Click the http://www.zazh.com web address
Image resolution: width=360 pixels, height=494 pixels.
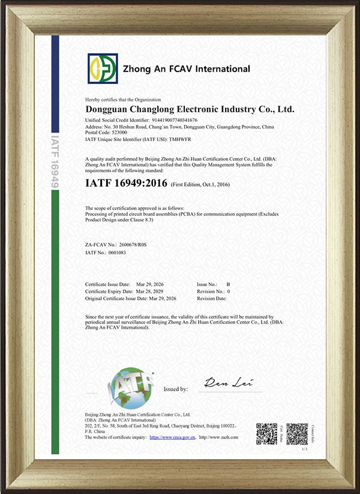click(218, 438)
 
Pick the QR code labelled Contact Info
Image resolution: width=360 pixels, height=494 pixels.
click(296, 433)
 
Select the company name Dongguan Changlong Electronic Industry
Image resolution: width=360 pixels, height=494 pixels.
click(190, 110)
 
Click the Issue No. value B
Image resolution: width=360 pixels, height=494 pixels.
click(228, 283)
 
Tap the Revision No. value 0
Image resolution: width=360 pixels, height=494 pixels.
click(228, 291)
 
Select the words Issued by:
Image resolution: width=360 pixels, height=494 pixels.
click(176, 390)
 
